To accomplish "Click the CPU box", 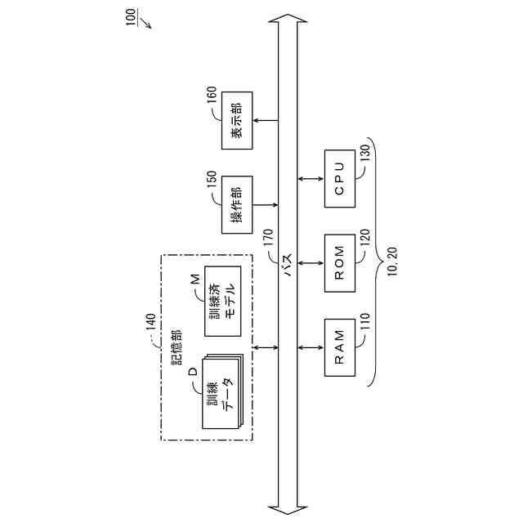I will [x=340, y=179].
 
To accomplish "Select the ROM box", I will [x=340, y=263].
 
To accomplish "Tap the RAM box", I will [x=340, y=346].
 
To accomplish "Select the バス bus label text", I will [x=288, y=272].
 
